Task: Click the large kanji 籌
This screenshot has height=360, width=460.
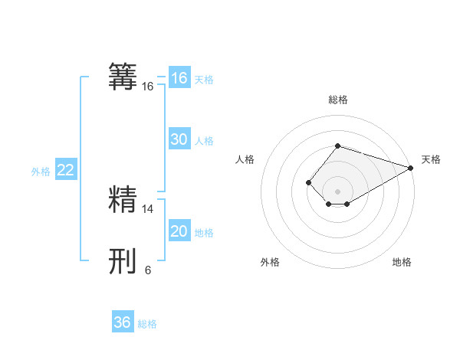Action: pos(123,77)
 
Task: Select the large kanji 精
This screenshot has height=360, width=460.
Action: pos(123,199)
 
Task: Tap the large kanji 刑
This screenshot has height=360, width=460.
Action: pos(123,261)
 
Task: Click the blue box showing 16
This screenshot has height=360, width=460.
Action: pos(179,78)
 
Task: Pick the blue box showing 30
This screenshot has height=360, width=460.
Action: pos(179,139)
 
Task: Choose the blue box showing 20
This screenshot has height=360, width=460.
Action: pos(179,231)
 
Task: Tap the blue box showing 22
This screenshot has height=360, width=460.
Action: pos(66,170)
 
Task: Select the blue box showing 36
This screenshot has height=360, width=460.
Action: pos(123,322)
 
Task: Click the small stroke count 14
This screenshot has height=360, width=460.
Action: pos(148,208)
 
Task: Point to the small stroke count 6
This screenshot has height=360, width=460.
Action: pos(148,270)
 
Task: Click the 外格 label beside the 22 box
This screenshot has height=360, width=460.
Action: pos(41,172)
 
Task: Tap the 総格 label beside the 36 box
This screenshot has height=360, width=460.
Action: pos(147,324)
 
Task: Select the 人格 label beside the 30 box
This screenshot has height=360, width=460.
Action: pos(204,141)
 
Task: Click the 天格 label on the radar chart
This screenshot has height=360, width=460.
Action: pos(431,159)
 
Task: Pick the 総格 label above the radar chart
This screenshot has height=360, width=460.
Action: pos(337,100)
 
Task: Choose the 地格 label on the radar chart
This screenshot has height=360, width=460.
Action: pos(402,262)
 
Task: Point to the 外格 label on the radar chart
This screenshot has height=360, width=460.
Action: pos(270,262)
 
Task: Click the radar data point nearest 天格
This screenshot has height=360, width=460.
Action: pos(411,168)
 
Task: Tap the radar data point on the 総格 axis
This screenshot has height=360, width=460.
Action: pos(337,146)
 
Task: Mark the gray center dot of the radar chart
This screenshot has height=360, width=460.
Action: pos(337,191)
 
